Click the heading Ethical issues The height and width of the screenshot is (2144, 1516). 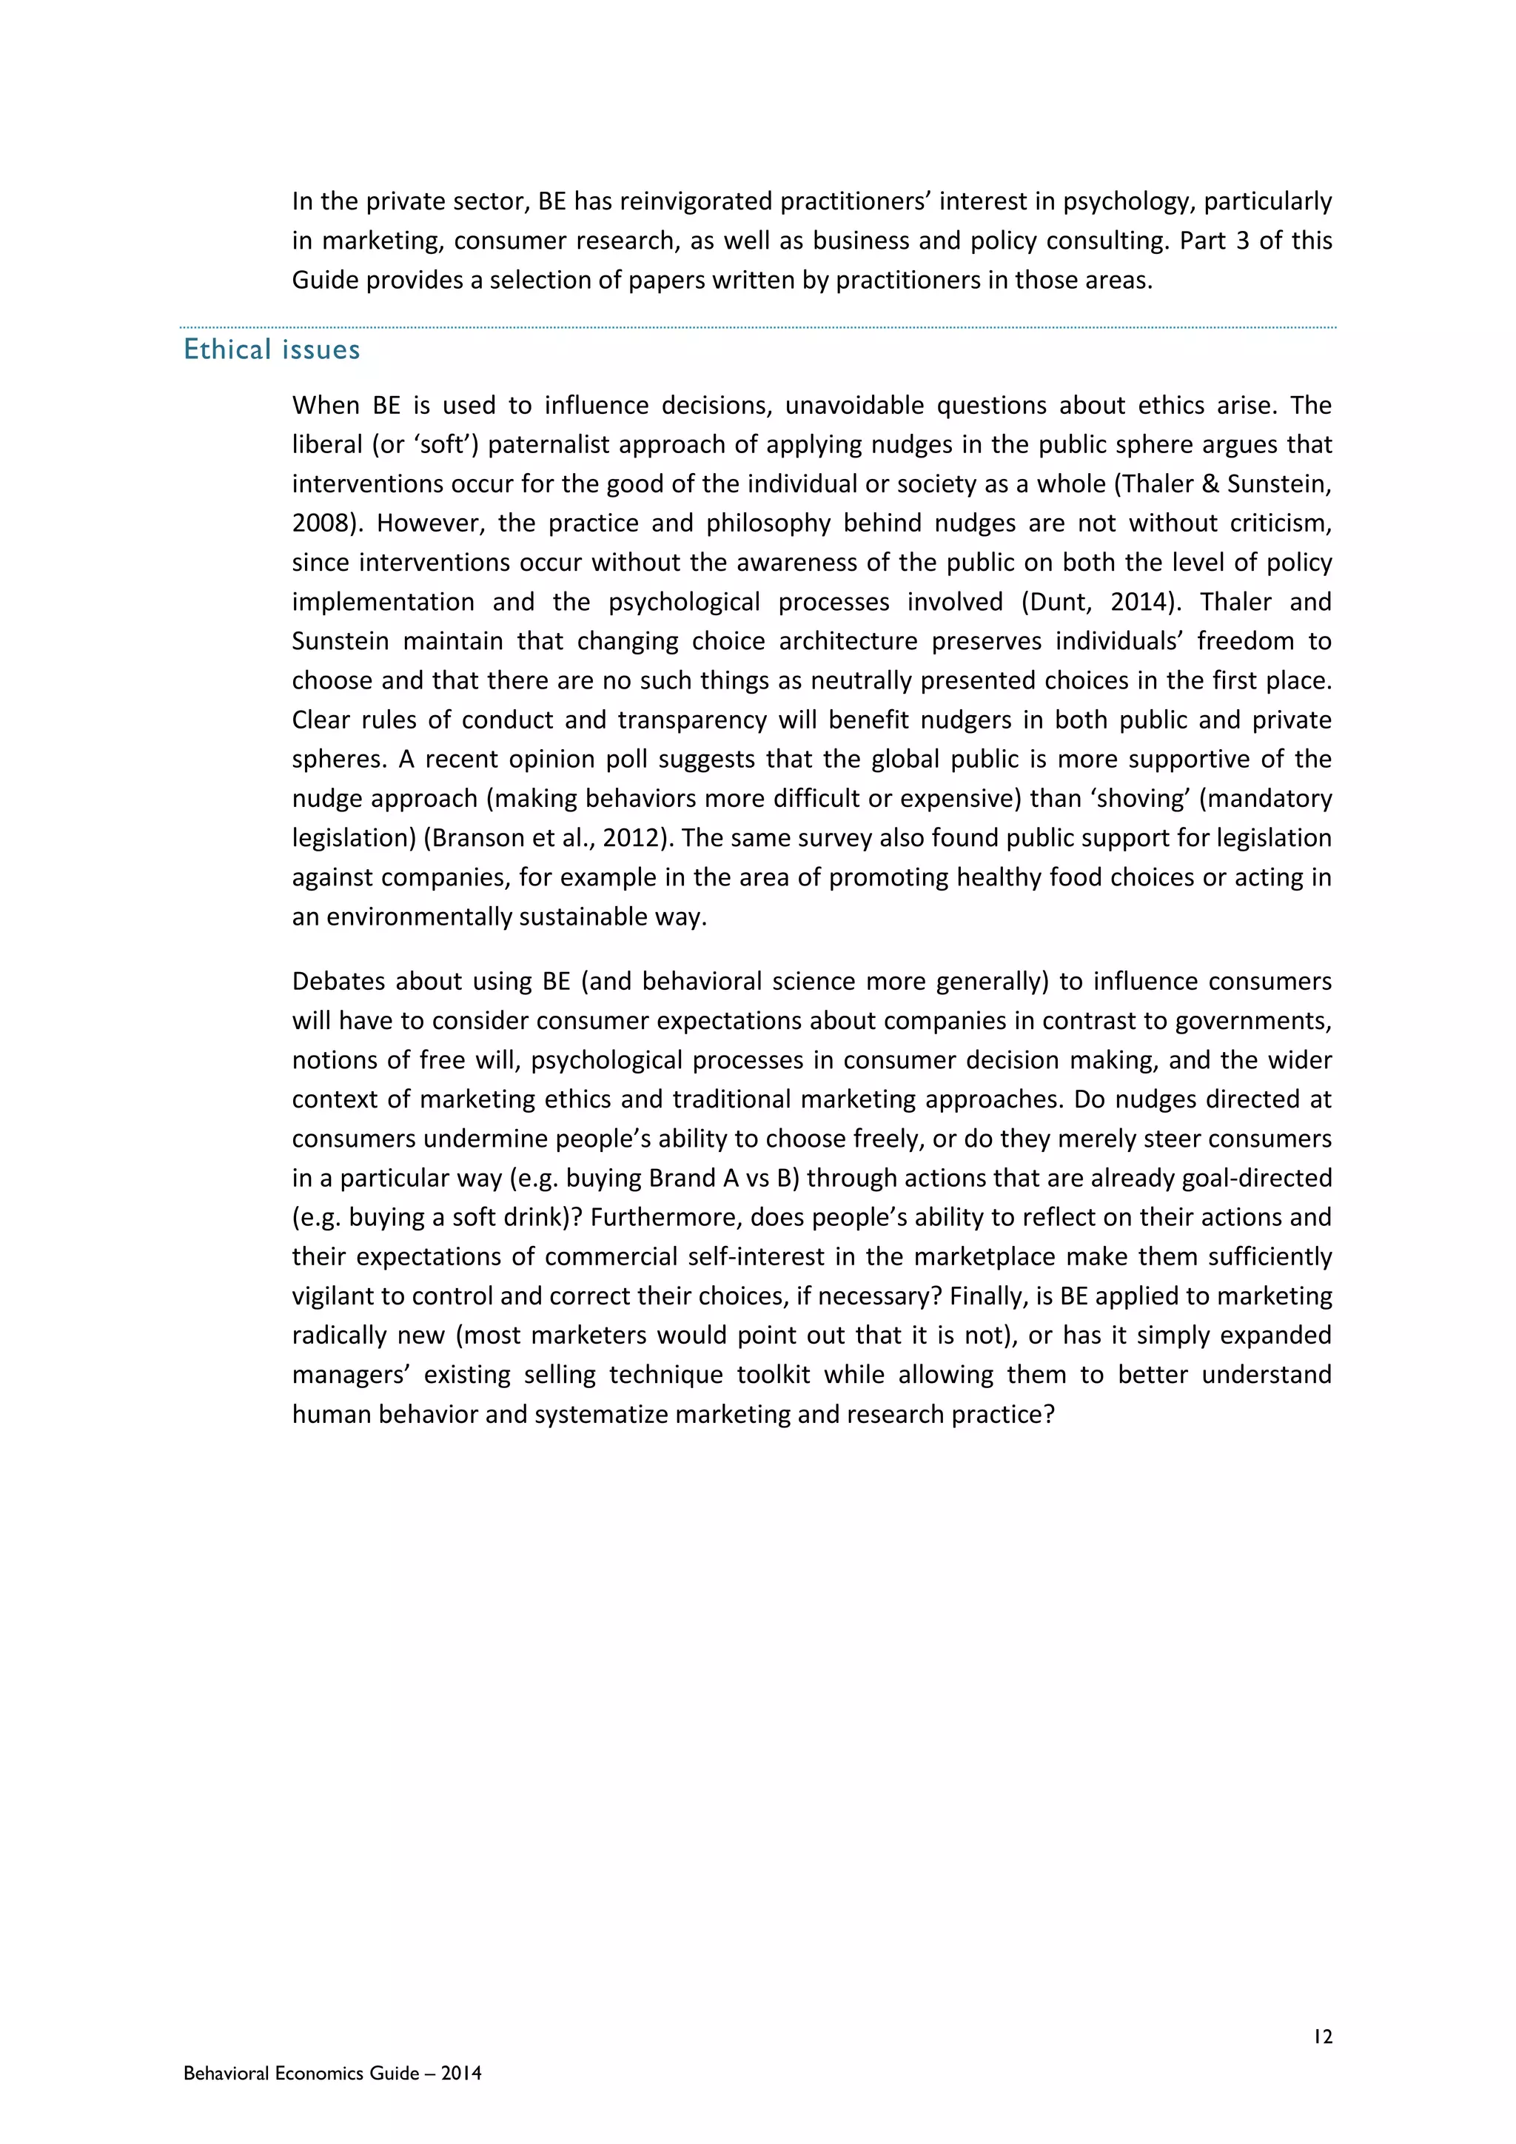tap(272, 349)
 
